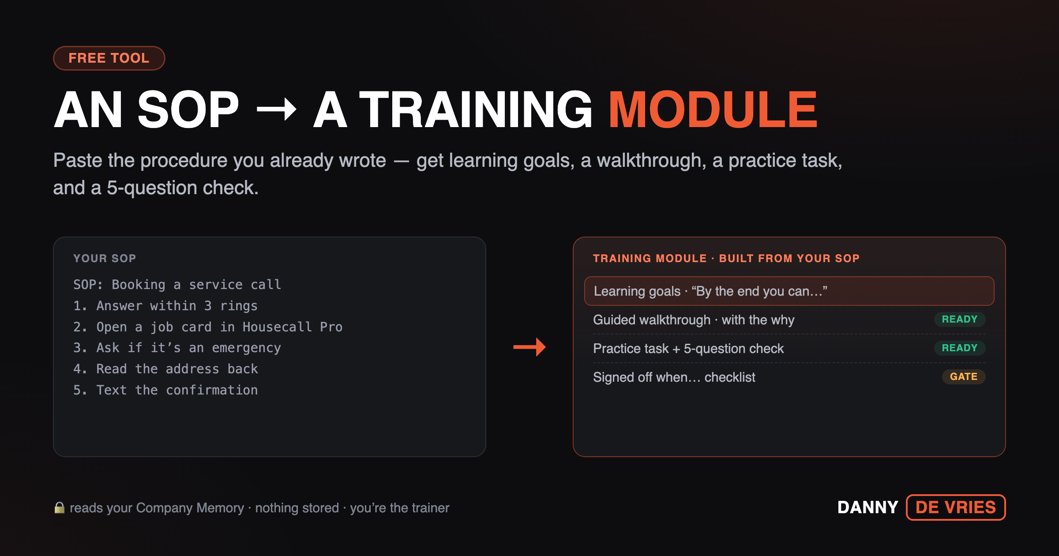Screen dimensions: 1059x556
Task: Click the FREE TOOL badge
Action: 109,58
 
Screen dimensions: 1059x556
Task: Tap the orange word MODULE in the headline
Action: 713,109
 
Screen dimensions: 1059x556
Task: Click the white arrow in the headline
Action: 277,109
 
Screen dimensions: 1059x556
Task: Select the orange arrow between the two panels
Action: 529,347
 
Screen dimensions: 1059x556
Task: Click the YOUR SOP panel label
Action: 105,258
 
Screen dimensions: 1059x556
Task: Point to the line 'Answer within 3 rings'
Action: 165,306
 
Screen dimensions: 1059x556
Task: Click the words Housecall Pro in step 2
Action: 293,327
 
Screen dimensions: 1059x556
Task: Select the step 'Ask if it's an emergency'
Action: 177,348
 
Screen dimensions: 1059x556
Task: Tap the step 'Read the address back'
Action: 165,369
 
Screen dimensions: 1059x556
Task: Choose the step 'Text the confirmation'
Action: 165,390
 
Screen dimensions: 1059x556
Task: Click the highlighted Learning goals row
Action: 789,291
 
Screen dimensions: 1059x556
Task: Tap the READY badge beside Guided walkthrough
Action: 960,319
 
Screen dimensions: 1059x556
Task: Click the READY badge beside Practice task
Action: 960,348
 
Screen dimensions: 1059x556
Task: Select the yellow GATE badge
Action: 964,377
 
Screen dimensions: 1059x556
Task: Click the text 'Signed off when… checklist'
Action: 674,377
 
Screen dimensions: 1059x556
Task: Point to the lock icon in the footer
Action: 60,507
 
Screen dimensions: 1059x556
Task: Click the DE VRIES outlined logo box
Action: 956,507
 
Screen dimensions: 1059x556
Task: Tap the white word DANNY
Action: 868,507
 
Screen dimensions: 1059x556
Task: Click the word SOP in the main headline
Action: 188,109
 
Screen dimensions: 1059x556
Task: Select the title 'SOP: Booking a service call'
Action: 177,285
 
